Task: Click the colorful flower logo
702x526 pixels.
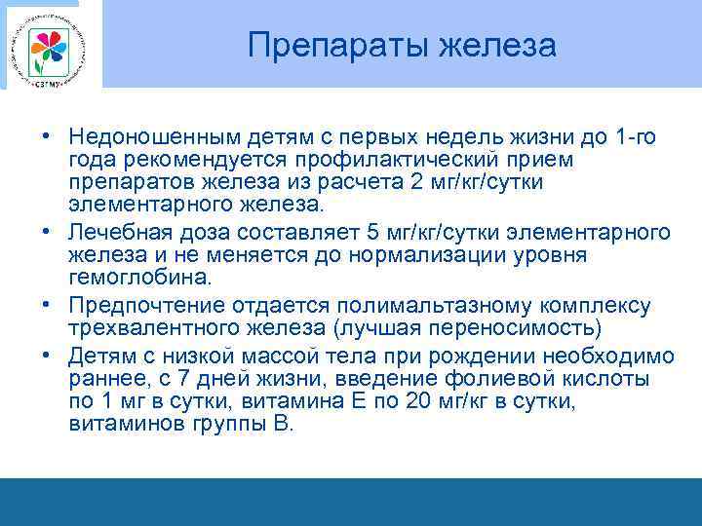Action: tap(47, 46)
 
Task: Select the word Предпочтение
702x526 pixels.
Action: tap(148, 305)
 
